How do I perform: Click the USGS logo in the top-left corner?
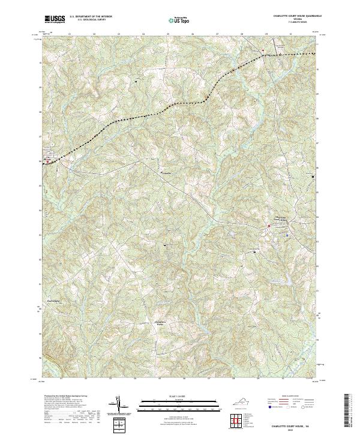[x=55, y=20]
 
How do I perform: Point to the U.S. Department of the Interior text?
[x=91, y=17]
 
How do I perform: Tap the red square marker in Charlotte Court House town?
[x=269, y=225]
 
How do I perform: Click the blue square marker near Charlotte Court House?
[x=287, y=235]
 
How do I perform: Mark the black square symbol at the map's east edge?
[x=313, y=176]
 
